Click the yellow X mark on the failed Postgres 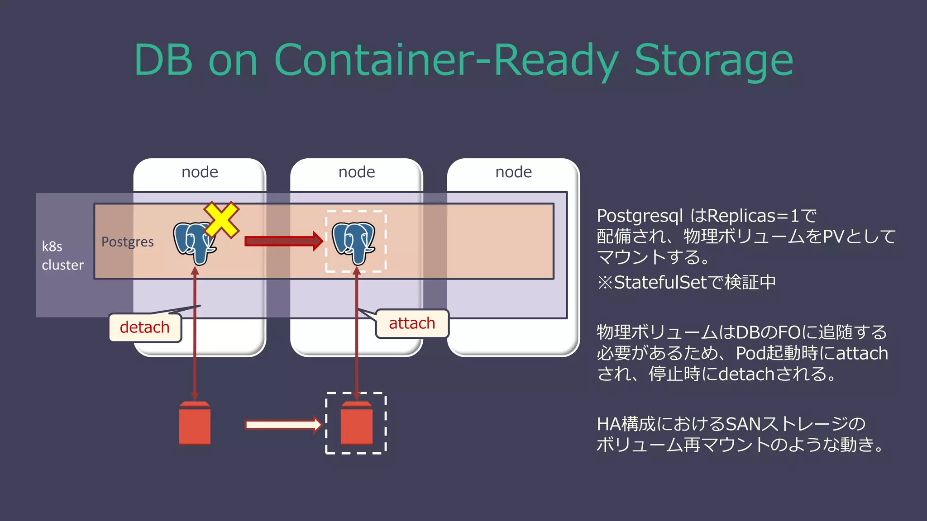221,220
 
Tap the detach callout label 145,327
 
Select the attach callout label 412,323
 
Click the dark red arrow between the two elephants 283,241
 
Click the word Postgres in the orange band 128,242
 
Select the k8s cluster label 62,256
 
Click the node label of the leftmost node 200,172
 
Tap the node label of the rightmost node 514,172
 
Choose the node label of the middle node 357,172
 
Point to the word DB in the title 163,60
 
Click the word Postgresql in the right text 640,216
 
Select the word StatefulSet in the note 660,283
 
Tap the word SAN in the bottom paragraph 743,424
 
